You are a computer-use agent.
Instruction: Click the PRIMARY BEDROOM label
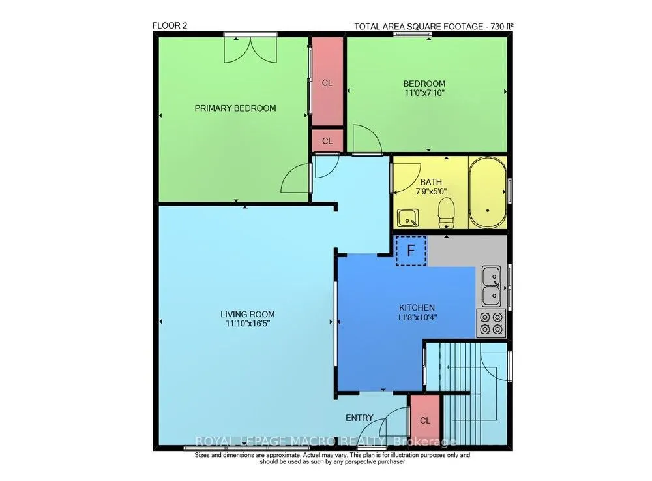click(x=235, y=108)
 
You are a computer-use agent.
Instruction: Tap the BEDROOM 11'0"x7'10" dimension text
click(x=424, y=93)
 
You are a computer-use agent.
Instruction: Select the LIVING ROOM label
click(x=247, y=314)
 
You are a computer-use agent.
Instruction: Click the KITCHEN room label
click(x=417, y=307)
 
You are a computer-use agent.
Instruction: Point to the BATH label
click(x=431, y=182)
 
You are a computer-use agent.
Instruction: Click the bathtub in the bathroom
click(x=487, y=193)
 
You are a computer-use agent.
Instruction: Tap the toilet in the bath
click(x=446, y=213)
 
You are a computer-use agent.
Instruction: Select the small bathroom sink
click(x=407, y=218)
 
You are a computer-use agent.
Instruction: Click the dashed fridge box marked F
click(x=411, y=251)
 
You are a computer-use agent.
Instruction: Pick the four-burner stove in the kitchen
click(x=492, y=323)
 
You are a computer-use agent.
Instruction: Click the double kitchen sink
click(x=491, y=287)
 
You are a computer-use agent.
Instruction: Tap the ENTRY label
click(x=359, y=418)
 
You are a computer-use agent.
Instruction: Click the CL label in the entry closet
click(x=425, y=420)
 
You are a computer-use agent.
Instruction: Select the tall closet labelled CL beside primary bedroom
click(x=328, y=81)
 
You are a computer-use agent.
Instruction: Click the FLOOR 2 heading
click(x=170, y=26)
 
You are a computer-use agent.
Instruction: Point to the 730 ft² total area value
click(x=502, y=27)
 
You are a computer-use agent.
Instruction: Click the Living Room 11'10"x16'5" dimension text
click(x=248, y=323)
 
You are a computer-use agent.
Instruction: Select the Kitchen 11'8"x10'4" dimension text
click(x=417, y=317)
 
